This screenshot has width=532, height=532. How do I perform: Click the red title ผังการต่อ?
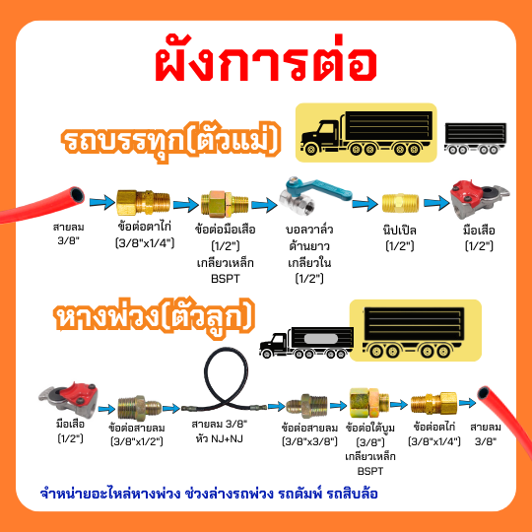coord(266,62)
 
